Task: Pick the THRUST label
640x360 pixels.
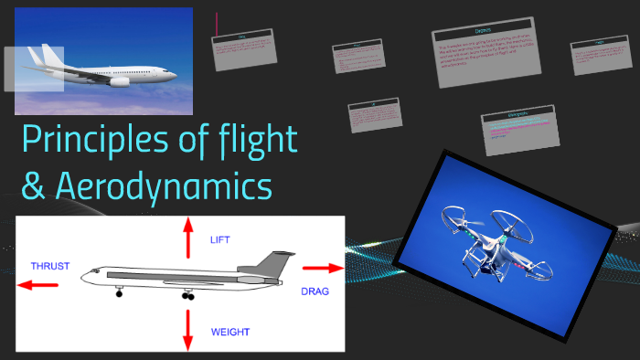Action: point(49,266)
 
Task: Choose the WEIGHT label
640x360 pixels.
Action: point(229,331)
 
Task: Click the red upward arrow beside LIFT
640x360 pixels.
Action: point(188,238)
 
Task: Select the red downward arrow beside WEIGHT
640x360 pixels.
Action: point(188,330)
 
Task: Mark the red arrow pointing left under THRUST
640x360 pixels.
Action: point(37,284)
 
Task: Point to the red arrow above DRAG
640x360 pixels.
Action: point(322,269)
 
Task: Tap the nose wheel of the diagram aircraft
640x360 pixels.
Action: point(119,293)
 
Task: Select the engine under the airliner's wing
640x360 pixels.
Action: point(120,81)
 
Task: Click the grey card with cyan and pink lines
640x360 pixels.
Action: point(519,128)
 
